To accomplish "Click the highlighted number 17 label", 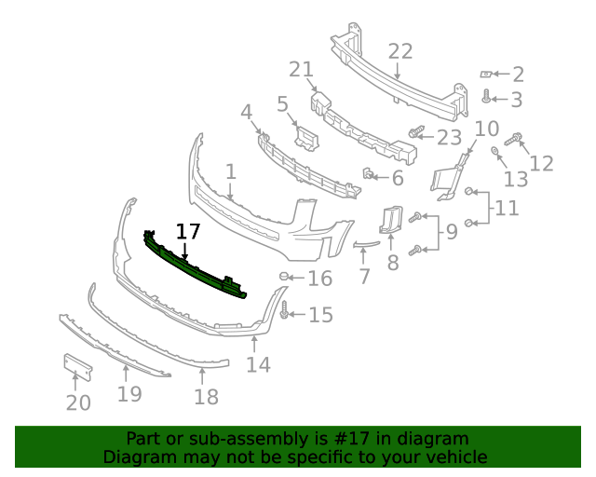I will [188, 232].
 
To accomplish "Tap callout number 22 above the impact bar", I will [400, 51].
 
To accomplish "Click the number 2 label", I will [518, 75].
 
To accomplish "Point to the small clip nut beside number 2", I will [485, 74].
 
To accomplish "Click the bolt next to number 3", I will [486, 97].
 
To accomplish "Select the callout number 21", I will [300, 70].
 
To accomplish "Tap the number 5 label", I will [282, 104].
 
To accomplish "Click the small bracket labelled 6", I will [369, 173].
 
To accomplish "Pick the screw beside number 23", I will [416, 134].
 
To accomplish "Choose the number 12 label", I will [541, 164].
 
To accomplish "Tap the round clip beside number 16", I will [284, 277].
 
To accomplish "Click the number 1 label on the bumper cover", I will [230, 172].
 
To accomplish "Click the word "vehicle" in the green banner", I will [456, 457].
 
